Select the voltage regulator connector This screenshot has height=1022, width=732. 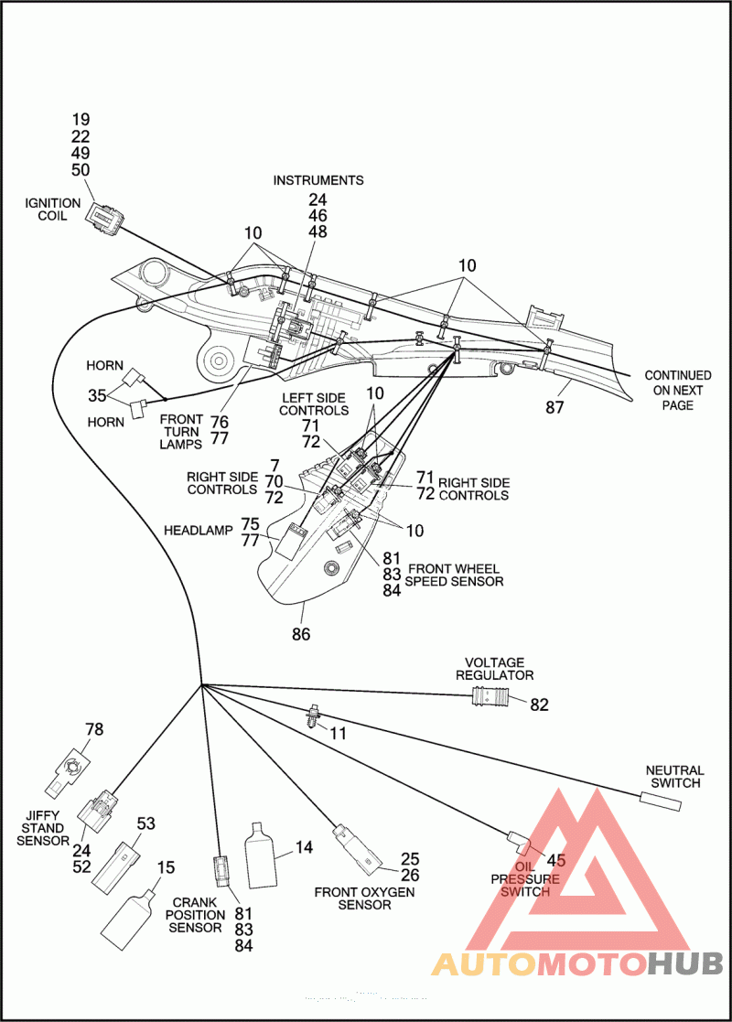490,699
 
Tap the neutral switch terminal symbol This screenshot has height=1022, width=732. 662,801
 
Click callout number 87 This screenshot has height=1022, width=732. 555,408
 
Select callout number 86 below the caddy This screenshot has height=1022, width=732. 301,633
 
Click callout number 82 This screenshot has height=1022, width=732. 539,705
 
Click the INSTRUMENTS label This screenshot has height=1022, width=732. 318,180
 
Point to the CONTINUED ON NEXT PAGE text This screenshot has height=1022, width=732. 678,390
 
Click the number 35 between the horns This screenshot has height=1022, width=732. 97,396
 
